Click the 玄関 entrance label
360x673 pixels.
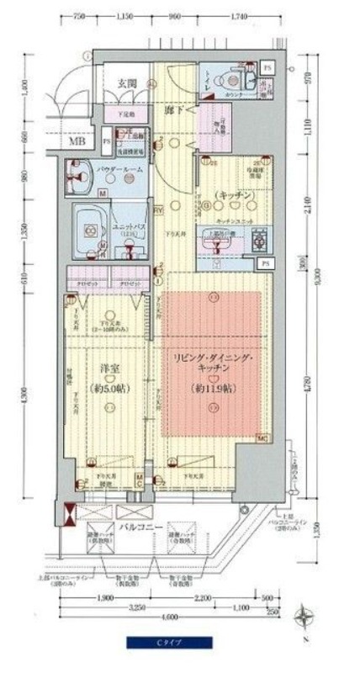click(128, 82)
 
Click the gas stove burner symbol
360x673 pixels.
click(258, 242)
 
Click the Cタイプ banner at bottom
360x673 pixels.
click(171, 643)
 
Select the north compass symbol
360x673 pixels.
click(303, 623)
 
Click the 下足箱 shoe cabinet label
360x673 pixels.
click(128, 109)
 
